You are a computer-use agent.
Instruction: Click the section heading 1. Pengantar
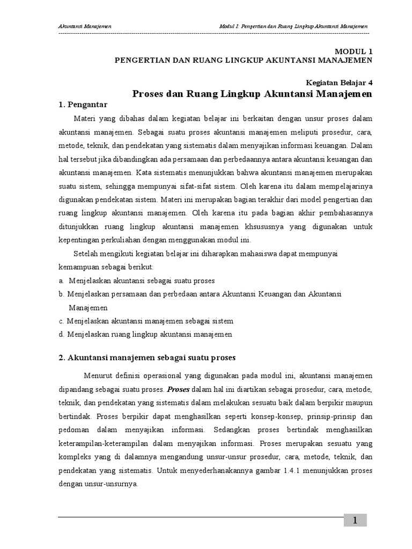point(84,104)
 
